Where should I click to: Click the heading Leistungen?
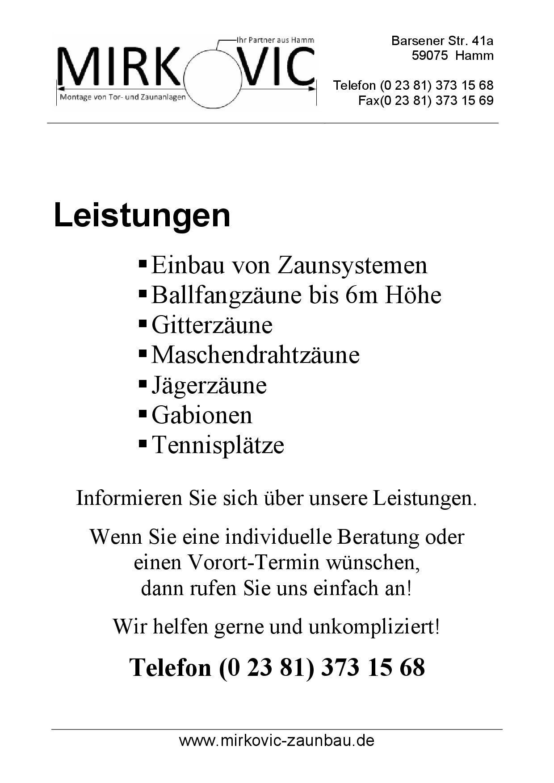coord(142,216)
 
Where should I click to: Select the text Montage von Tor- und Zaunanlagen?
coord(122,97)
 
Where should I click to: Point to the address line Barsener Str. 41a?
coord(442,41)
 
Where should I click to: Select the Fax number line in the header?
coord(426,100)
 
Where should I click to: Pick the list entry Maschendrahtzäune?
coord(256,355)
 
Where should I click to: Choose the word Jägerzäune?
coord(209,385)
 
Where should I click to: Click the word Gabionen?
coord(202,415)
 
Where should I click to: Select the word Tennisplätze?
coord(218,445)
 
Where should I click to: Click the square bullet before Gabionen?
coord(143,414)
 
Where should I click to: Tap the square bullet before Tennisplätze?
coord(143,444)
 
